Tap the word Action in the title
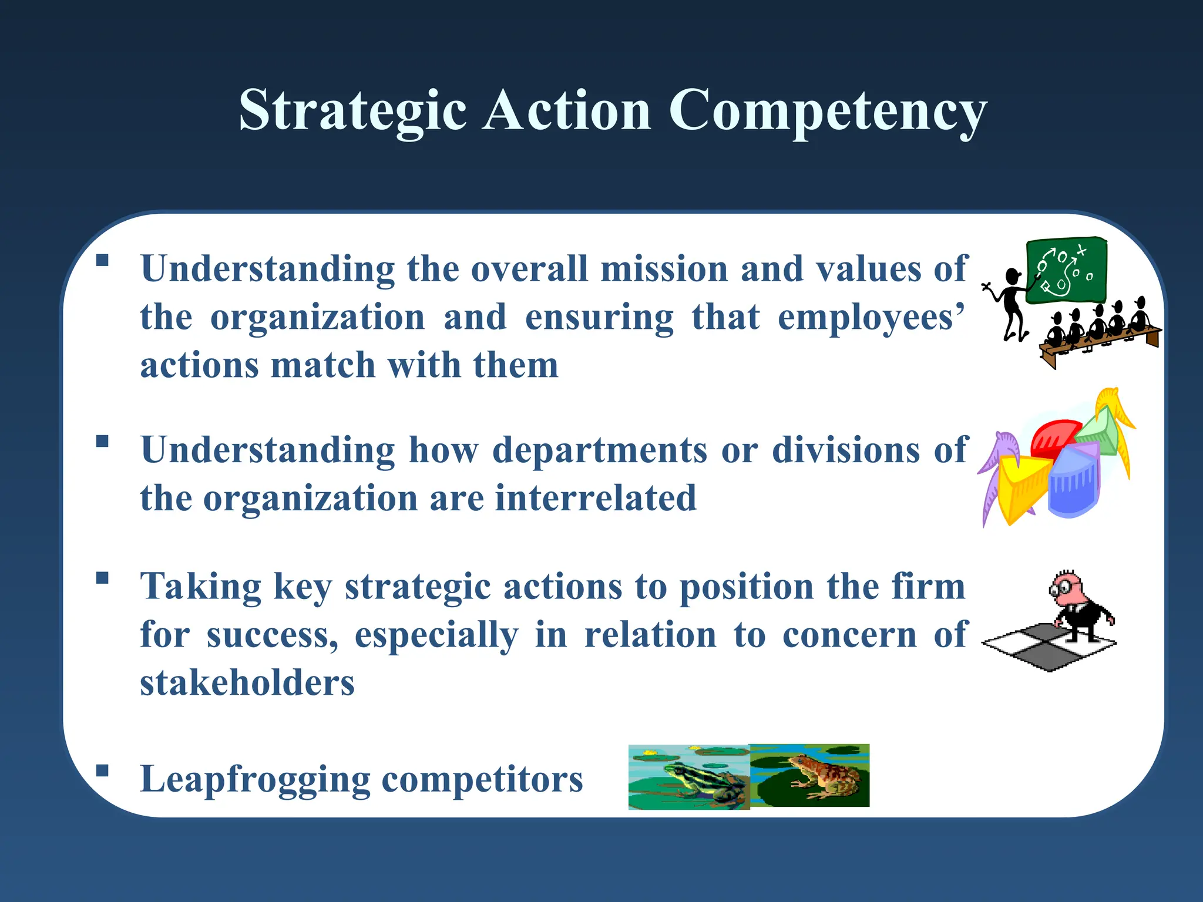click(x=567, y=110)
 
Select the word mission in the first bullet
click(x=664, y=269)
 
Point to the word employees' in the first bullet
click(x=871, y=318)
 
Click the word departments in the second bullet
click(x=599, y=450)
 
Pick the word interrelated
click(x=596, y=499)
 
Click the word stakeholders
click(x=247, y=684)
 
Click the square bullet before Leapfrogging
click(x=103, y=770)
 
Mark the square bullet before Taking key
click(x=103, y=577)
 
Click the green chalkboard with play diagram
click(x=1066, y=271)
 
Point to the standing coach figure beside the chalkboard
click(x=1012, y=302)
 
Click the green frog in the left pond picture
click(x=699, y=783)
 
